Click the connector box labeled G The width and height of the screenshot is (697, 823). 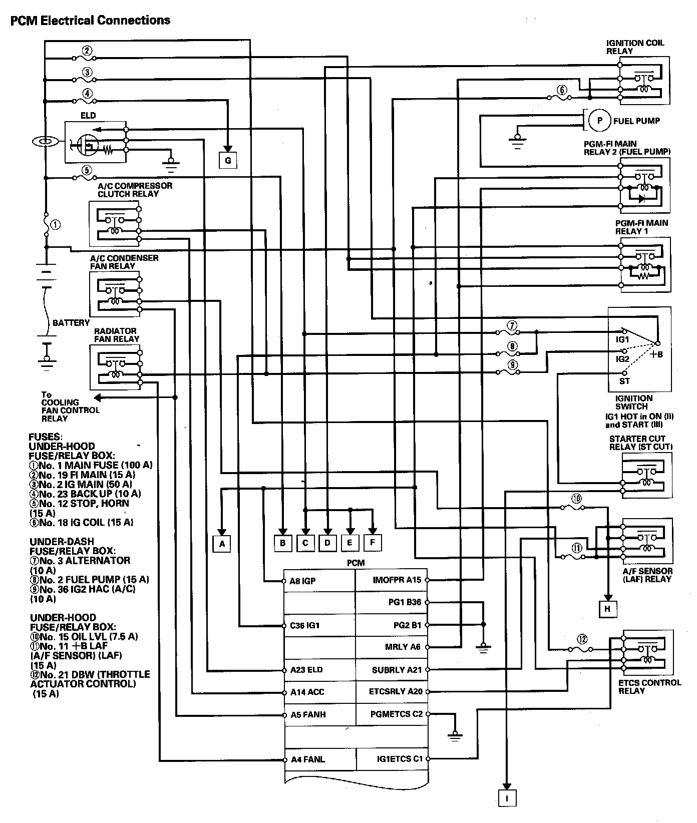228,161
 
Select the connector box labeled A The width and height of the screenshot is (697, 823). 222,543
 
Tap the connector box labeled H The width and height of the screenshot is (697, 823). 608,608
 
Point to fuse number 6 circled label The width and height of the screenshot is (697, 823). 562,90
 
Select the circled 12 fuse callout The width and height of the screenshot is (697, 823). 582,639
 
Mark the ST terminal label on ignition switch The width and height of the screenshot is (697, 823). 624,381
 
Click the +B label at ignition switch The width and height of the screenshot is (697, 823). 656,354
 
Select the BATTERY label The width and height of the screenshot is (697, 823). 71,323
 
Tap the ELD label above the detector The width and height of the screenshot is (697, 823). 88,115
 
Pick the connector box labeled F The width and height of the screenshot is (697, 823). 372,542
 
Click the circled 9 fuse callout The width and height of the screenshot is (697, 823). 512,365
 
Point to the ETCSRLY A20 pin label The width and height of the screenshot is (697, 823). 396,692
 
